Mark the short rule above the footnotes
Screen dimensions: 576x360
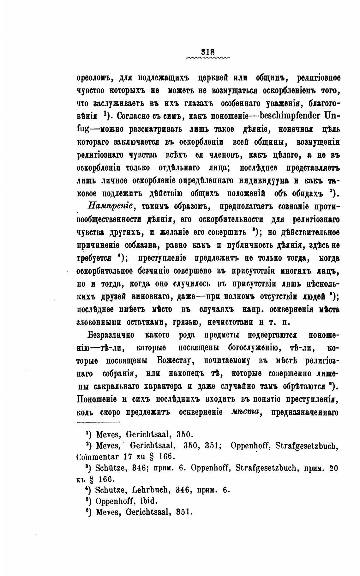(99, 422)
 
